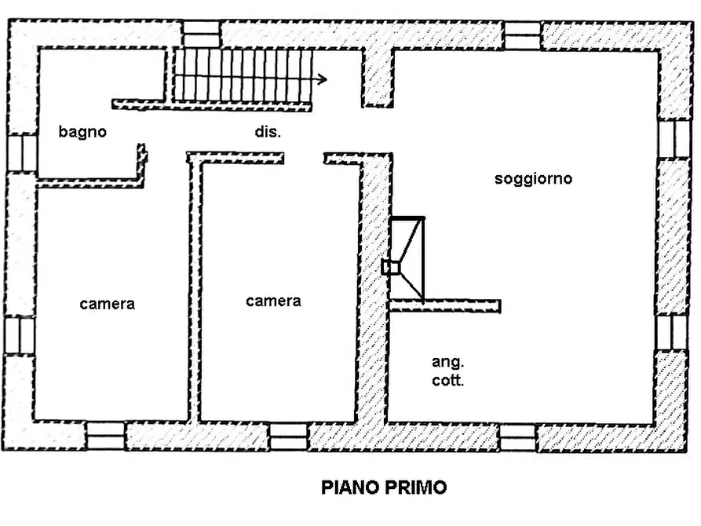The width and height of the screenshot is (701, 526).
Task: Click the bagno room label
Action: [82, 132]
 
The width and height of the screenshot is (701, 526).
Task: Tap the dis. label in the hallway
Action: [267, 133]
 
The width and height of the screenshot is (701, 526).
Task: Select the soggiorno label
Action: [533, 179]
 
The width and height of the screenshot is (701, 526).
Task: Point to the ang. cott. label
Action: [447, 371]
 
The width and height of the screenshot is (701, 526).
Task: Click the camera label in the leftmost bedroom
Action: [107, 304]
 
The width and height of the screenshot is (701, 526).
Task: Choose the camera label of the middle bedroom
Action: [273, 301]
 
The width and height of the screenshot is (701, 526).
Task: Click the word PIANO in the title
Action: [349, 488]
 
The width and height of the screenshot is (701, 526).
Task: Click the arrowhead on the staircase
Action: [323, 79]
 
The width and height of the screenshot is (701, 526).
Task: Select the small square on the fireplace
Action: [390, 268]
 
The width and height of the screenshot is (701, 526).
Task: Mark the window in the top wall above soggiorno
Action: [522, 35]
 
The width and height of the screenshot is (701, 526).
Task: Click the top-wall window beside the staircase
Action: [202, 34]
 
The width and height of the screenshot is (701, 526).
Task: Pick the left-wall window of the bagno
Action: [23, 153]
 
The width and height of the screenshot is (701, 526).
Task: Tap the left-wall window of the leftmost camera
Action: [20, 335]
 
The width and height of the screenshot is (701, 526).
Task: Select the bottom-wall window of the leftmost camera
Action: [105, 437]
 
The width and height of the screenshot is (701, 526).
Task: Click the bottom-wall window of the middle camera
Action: [289, 437]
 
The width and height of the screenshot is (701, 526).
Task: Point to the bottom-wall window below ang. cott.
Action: [518, 437]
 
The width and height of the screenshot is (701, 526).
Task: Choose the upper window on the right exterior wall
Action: [673, 139]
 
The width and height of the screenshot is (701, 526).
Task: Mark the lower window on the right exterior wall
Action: [673, 332]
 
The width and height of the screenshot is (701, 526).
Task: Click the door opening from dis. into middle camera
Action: [304, 159]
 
